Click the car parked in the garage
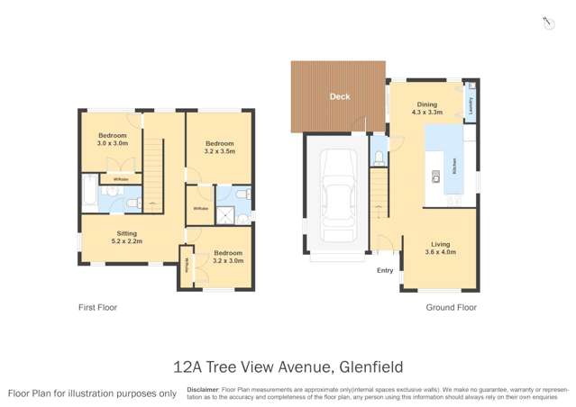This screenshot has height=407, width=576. [x=335, y=192]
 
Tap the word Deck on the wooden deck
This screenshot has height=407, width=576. [x=339, y=96]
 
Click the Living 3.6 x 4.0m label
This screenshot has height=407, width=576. [x=440, y=249]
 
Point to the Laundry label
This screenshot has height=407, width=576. [x=470, y=105]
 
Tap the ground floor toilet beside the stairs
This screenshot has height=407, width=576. [x=379, y=158]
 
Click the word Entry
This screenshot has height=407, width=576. [x=385, y=270]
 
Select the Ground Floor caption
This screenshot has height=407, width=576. [x=451, y=307]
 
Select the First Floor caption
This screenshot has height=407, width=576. [x=97, y=307]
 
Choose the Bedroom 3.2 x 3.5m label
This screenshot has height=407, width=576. [x=219, y=148]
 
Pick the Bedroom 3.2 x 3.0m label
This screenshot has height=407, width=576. [x=229, y=258]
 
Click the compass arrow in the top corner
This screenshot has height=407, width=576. [x=546, y=23]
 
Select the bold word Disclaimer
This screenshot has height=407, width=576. [x=204, y=389]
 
